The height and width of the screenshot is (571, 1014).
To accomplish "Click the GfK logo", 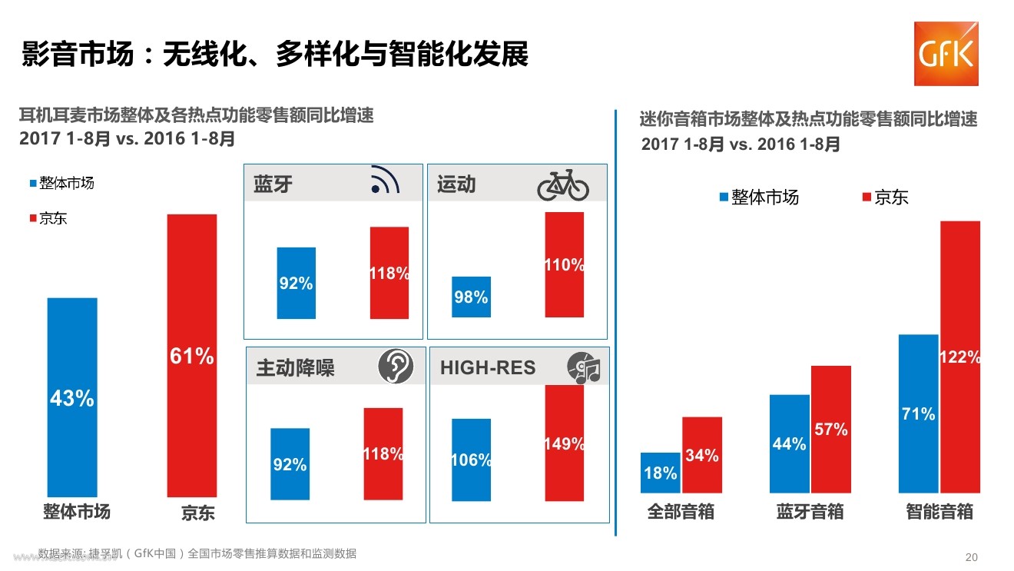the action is tap(946, 54).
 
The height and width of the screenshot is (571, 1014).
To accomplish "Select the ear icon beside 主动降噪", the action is tap(395, 367).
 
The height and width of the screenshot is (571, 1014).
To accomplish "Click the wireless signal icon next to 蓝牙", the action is tap(385, 179).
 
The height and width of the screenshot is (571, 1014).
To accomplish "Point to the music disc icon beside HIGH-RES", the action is tap(584, 367).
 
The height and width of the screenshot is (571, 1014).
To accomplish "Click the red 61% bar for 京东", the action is tap(192, 356).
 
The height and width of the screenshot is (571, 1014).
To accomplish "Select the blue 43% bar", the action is tap(72, 397).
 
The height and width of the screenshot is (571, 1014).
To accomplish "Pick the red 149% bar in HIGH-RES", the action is tap(564, 443).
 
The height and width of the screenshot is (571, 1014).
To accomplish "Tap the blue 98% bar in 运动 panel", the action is tap(471, 297).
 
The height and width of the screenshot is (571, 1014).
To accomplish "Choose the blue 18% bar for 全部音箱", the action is tap(661, 473).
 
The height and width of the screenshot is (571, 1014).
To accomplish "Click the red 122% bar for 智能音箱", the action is tap(960, 357).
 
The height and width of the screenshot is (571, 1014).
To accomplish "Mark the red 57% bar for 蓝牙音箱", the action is tap(831, 430).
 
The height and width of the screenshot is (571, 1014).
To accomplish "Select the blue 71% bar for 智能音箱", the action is tap(919, 414).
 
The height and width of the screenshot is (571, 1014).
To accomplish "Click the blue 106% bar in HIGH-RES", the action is tap(471, 460).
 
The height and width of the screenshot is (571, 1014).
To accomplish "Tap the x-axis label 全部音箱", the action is tap(681, 512).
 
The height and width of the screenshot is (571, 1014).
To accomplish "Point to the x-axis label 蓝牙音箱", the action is tap(810, 512).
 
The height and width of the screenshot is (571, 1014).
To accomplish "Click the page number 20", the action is tap(972, 557).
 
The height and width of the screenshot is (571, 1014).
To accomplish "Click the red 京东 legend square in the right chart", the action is tap(867, 197).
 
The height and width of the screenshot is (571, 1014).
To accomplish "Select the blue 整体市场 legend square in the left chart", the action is tap(33, 184).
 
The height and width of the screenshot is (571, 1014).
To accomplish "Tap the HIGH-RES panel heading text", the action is tap(488, 367).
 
